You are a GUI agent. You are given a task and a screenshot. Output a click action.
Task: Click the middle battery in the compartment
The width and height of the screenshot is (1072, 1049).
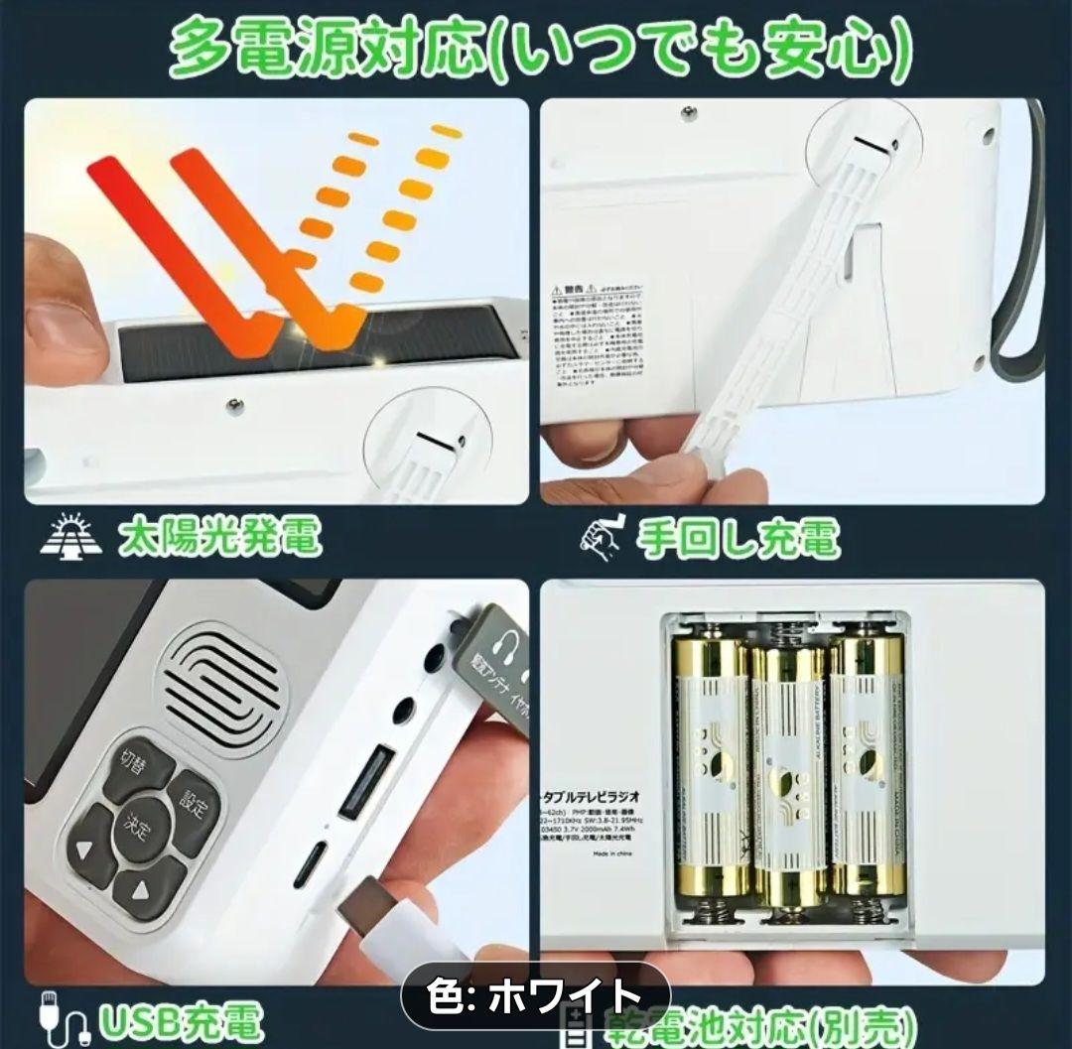(789, 775)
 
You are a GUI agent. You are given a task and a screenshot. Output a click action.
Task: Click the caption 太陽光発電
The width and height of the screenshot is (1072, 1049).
(219, 538)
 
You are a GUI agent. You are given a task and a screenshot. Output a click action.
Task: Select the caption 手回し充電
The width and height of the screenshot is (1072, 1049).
(737, 538)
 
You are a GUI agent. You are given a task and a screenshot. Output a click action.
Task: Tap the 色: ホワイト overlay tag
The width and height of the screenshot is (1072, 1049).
(535, 993)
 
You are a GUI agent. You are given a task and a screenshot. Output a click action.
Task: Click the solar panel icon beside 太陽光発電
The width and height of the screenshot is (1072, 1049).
(71, 536)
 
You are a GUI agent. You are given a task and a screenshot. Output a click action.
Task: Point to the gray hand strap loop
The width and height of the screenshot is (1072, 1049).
(1022, 258)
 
